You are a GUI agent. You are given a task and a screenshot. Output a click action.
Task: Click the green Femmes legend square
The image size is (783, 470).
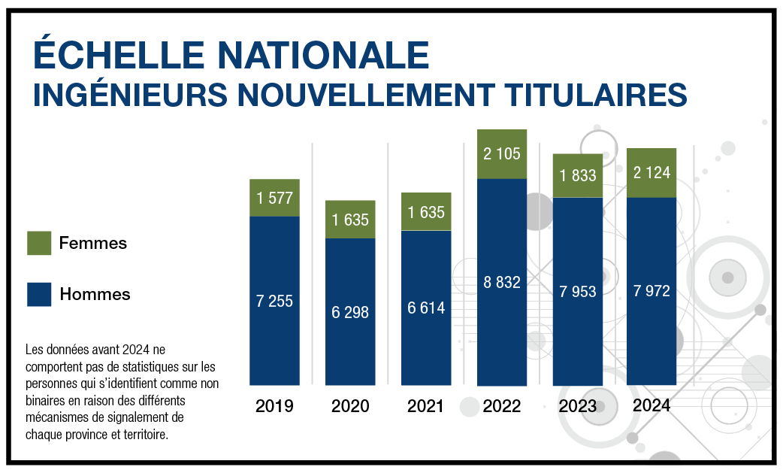[39, 243]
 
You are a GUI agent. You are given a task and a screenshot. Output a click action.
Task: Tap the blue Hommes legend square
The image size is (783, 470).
[39, 294]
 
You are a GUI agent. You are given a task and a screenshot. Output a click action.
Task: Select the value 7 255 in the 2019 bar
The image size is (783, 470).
[274, 301]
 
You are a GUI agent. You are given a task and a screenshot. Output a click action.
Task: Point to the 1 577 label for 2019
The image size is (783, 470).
[274, 199]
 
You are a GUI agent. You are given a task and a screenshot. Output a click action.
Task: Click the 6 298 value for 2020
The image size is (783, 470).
[350, 311]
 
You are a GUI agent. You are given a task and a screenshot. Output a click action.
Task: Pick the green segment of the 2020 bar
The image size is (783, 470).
[350, 220]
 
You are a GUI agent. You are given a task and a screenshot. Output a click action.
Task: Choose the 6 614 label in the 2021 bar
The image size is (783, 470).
[426, 308]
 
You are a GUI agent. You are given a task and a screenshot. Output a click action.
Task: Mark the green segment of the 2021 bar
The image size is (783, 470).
[426, 212]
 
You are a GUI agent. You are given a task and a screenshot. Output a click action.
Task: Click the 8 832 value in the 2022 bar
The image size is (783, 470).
[502, 283]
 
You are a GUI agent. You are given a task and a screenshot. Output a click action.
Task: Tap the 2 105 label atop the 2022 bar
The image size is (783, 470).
[502, 154]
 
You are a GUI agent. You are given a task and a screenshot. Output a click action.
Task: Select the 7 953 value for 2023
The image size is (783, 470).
[578, 292]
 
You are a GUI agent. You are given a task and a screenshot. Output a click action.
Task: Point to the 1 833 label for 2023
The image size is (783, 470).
[578, 175]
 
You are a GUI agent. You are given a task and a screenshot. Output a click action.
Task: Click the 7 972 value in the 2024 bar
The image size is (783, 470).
[651, 291]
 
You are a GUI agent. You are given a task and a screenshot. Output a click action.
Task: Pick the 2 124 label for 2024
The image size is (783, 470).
[651, 173]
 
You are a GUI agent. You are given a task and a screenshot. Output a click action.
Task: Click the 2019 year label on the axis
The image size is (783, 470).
[274, 406]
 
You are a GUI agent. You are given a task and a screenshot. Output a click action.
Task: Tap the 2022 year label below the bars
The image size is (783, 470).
[502, 406]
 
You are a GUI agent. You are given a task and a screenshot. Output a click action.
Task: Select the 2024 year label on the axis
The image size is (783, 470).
[651, 405]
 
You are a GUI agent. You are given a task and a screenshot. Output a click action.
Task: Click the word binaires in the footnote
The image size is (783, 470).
[47, 399]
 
